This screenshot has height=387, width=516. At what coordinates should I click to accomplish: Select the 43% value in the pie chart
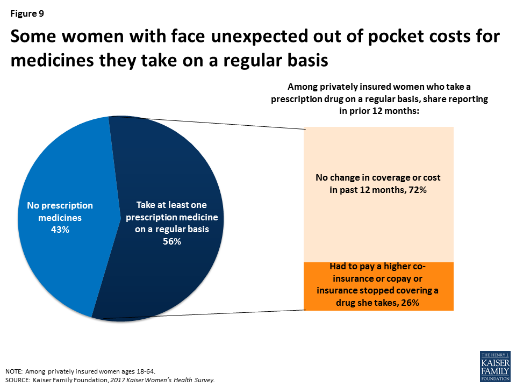point(60,230)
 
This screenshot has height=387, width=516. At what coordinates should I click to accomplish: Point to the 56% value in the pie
point(171,241)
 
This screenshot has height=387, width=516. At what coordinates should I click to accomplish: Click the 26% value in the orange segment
point(411,303)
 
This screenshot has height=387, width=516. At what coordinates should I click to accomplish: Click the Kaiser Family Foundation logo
point(494,367)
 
